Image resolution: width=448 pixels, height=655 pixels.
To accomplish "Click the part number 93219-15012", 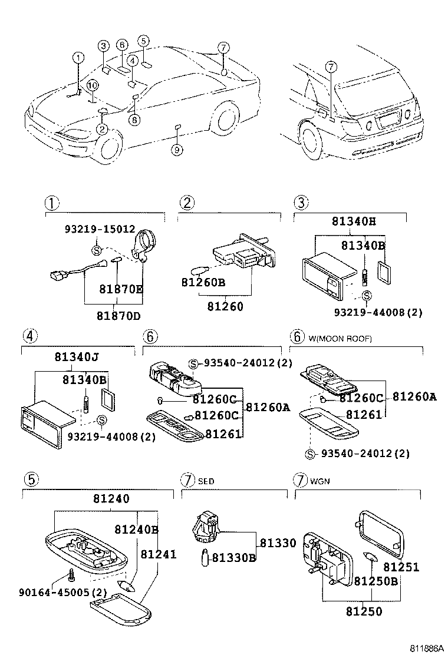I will [x=100, y=229].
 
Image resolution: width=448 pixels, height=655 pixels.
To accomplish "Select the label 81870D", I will [x=119, y=315].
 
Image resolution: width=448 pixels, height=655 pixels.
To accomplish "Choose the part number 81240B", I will [x=136, y=530].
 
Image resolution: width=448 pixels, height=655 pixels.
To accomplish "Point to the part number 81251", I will [x=401, y=567].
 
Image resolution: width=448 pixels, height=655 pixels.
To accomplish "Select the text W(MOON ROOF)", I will [x=340, y=338].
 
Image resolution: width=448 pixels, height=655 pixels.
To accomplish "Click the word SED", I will [x=206, y=481].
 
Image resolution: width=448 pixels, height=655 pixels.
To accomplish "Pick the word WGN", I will [x=319, y=481].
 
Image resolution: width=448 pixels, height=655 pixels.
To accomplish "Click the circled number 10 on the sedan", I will [x=92, y=86].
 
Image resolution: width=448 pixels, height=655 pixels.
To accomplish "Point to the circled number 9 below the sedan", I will [x=177, y=150].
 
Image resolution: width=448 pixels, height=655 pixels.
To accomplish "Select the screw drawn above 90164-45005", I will [x=71, y=574].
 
